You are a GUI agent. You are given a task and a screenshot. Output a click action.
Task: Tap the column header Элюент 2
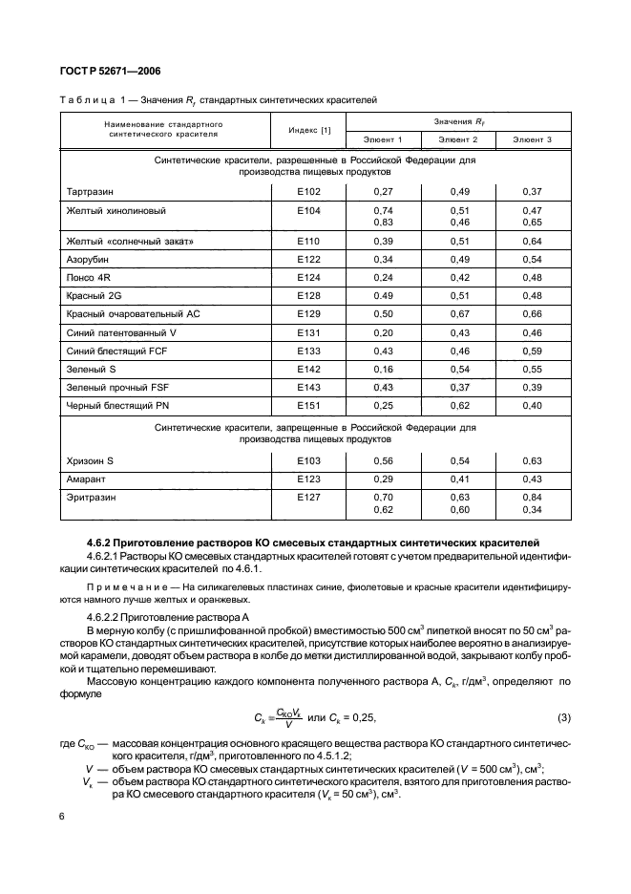458,140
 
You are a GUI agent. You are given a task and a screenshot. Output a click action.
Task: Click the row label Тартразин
91,191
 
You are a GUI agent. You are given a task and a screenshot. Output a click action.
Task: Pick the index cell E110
309,242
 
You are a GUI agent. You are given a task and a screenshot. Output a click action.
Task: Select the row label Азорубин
89,259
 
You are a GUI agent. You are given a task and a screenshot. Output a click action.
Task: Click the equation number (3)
564,717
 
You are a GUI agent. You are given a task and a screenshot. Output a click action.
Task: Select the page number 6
61,818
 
